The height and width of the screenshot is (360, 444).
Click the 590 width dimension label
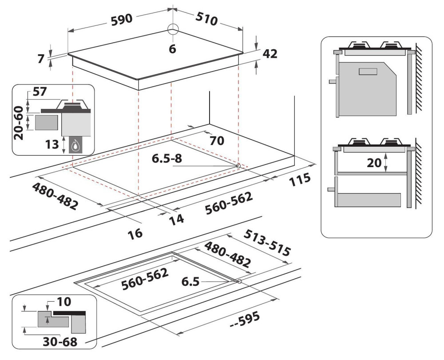tap(122, 20)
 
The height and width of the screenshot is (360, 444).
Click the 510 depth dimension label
tap(207, 19)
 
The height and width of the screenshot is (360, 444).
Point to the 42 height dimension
tap(270, 54)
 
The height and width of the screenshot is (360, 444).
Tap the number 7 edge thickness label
tap(41, 59)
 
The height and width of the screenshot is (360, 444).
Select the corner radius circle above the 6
tap(173, 29)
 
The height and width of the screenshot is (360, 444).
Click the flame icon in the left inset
tap(75, 146)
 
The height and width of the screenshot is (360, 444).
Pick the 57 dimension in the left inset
tap(40, 92)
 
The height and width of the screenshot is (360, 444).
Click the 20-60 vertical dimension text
tap(19, 123)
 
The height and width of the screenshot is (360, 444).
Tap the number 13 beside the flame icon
tap(52, 144)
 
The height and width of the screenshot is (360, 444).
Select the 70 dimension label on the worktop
tap(217, 140)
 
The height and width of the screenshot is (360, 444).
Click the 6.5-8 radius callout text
tap(167, 159)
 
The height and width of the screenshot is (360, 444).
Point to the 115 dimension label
tap(300, 180)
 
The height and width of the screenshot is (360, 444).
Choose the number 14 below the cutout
tap(177, 220)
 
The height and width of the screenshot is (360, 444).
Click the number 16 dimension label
tap(135, 234)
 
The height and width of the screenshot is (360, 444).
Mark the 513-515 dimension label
tap(267, 243)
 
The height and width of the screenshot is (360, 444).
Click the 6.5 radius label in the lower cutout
tap(190, 282)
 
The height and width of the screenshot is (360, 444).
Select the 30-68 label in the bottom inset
tap(60, 342)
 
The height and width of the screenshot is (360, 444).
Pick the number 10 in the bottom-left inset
tap(64, 302)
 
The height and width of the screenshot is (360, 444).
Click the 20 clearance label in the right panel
tap(374, 163)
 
